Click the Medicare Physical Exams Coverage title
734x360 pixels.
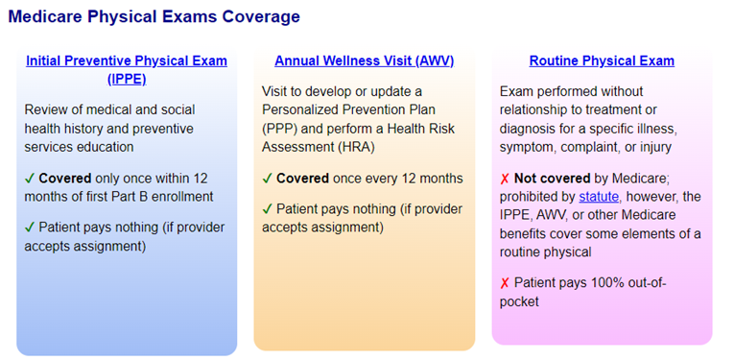click(154, 16)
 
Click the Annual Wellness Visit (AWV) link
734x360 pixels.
click(364, 61)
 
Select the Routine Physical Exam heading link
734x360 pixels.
click(602, 61)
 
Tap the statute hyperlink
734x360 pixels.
click(599, 197)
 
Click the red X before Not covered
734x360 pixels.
click(505, 179)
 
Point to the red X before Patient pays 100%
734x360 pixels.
click(505, 283)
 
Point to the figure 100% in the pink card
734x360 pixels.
click(619, 283)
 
